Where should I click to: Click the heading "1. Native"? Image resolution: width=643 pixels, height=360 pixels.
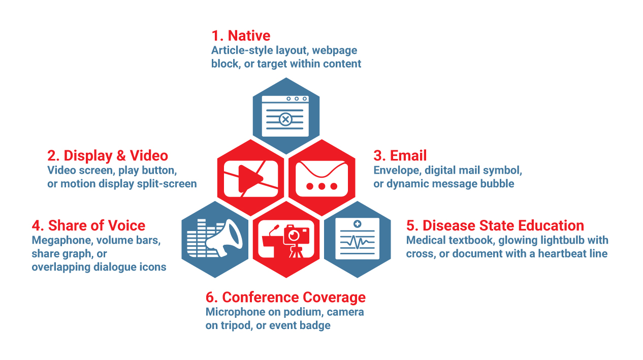(x=241, y=36)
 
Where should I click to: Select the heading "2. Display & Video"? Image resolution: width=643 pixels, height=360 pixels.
(x=108, y=156)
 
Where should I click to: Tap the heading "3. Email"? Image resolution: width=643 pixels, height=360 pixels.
(x=400, y=155)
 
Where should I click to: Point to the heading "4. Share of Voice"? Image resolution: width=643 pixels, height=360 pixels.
(x=88, y=225)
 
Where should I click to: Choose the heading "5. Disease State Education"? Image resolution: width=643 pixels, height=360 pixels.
(x=495, y=225)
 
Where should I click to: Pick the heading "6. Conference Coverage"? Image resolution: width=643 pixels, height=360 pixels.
(x=285, y=298)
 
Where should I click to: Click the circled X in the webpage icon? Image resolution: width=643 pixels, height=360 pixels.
(x=285, y=119)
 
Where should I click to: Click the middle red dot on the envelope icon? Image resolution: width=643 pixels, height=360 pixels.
(x=322, y=186)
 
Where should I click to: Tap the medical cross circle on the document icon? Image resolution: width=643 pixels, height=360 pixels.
(x=358, y=224)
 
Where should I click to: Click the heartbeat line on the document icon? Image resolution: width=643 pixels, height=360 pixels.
(x=358, y=242)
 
